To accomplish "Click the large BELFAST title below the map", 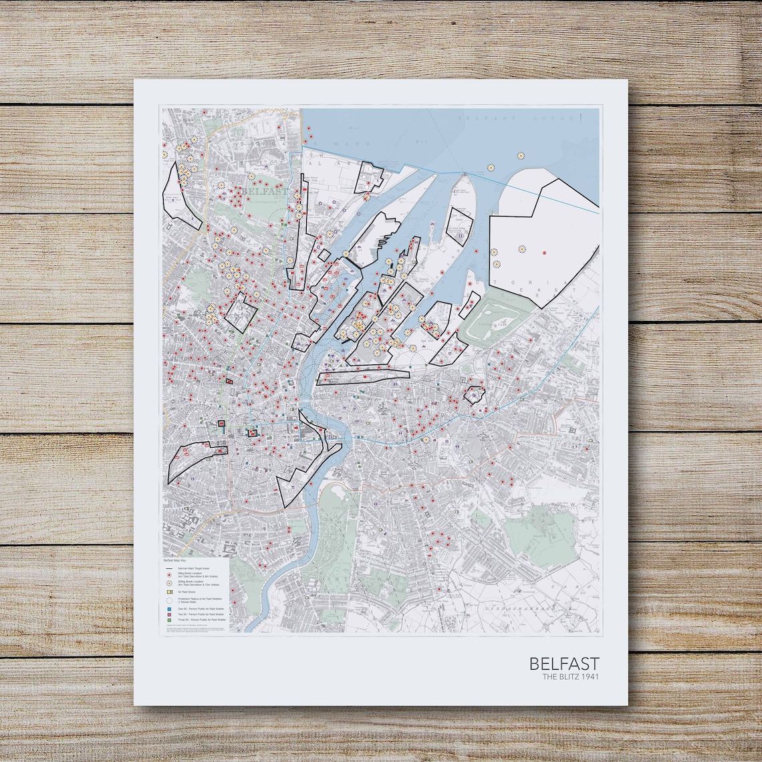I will coord(564,664).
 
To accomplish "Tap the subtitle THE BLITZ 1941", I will coord(570,677).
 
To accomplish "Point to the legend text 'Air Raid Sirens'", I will coord(186,592).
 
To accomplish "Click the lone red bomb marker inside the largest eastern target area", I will coord(544,253).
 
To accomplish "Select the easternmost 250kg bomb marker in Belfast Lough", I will coord(521,156).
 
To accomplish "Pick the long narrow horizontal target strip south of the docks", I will coord(362,377).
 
